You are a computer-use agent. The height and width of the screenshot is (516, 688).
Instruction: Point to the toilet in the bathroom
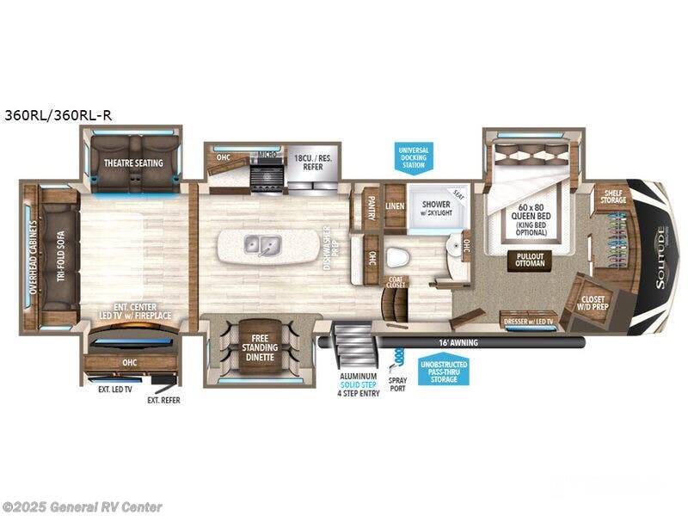397,257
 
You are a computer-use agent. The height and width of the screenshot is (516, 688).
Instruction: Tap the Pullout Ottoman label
530,261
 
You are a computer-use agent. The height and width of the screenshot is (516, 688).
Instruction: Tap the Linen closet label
395,206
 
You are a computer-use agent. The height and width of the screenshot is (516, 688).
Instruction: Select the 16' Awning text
457,342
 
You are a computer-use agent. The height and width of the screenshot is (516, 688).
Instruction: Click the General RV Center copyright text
83,507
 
